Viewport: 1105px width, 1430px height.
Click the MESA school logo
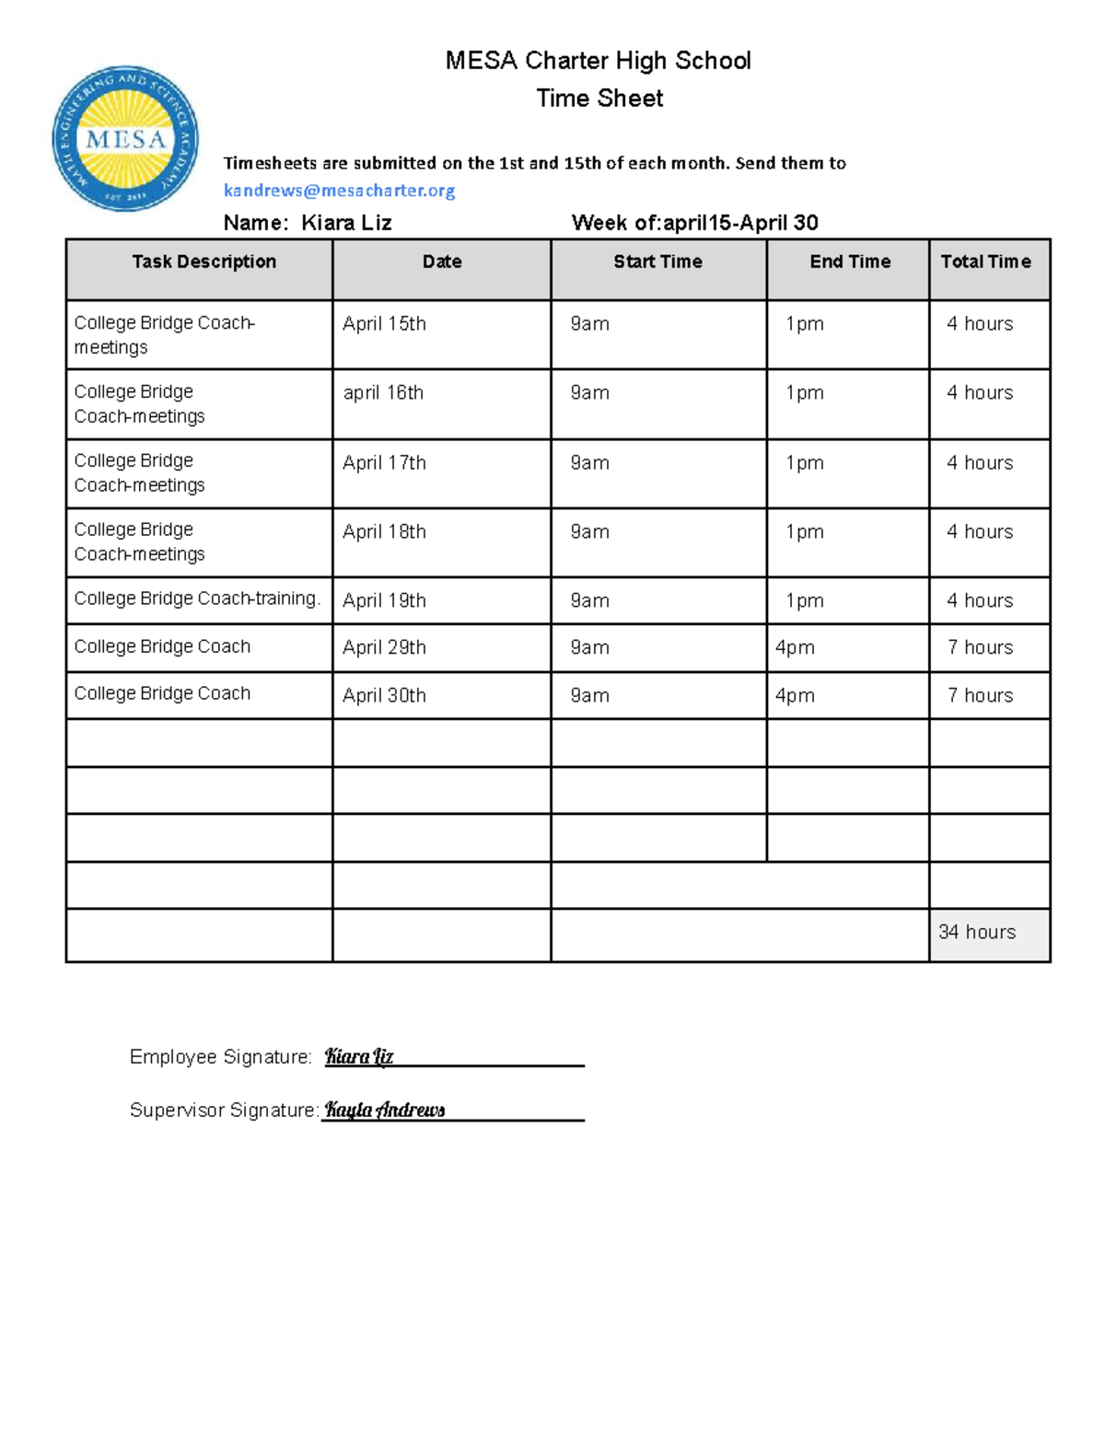coord(125,139)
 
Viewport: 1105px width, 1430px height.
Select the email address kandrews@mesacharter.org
coord(339,191)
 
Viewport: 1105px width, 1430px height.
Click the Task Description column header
coord(204,262)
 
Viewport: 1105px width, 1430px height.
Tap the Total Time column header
coord(985,262)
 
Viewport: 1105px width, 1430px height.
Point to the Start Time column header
coord(657,262)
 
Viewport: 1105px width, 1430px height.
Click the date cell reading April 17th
coord(384,463)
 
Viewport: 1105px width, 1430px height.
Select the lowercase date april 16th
coord(383,393)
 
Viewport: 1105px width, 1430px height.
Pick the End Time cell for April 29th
coord(795,647)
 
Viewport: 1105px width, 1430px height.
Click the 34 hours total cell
coord(977,932)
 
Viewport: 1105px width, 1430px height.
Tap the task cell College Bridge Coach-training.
coord(197,599)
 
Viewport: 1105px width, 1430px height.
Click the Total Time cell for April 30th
coord(980,695)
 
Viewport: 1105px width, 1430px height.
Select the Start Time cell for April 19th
coord(589,601)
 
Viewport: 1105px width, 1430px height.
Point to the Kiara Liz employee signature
coord(359,1057)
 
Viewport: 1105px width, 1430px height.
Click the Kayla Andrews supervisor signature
coord(385,1110)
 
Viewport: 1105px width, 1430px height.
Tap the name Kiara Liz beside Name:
coord(346,223)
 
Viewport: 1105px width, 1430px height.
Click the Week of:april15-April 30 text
coord(694,223)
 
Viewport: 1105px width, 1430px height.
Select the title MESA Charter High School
coord(598,62)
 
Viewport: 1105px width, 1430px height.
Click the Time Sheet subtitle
coord(599,99)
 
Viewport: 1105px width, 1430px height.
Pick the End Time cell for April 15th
coord(804,324)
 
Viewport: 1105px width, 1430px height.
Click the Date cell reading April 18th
coord(384,532)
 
